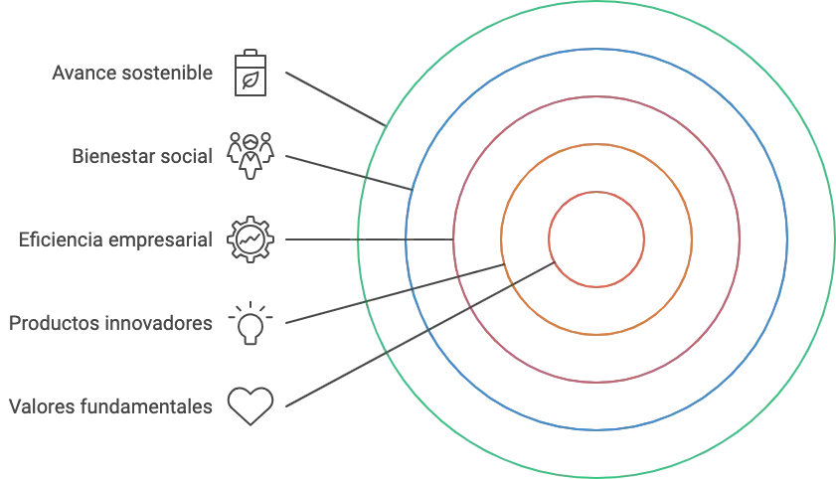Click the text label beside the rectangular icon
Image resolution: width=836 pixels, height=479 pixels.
(x=131, y=73)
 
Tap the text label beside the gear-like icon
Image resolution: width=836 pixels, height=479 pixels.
(x=115, y=239)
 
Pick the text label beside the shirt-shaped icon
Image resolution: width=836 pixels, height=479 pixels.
(x=109, y=323)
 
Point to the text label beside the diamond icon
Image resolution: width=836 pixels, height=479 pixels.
(x=109, y=405)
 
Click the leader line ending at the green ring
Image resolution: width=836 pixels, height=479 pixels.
(x=328, y=95)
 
